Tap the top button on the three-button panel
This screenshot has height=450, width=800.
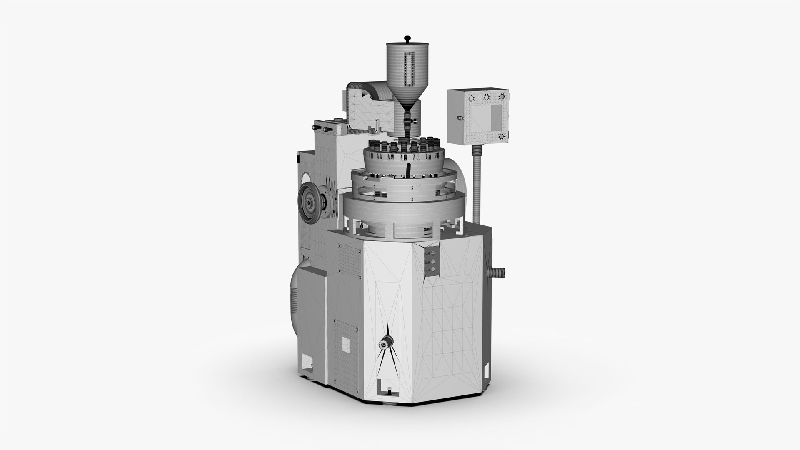tap(433, 253)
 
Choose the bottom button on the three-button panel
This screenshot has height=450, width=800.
tap(433, 270)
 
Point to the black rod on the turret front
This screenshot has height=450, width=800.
tap(408, 171)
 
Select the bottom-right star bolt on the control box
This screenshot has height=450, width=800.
tap(502, 136)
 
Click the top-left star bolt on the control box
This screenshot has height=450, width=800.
tap(471, 98)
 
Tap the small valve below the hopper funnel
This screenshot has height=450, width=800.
tap(413, 120)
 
